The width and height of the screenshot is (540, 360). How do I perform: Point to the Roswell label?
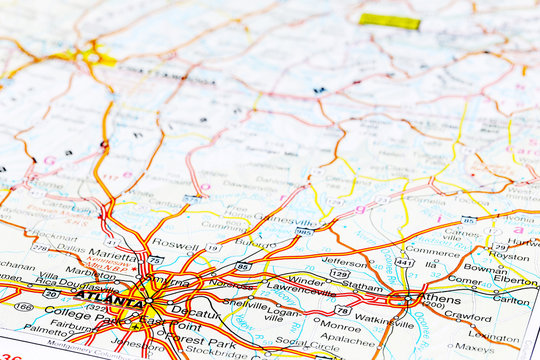(x=177, y=243)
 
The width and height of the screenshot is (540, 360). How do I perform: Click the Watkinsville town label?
(x=385, y=320)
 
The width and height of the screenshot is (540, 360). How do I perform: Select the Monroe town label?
(x=340, y=326)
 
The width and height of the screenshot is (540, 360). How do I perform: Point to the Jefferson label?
(x=346, y=261)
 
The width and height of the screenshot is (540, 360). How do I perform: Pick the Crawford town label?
(x=467, y=315)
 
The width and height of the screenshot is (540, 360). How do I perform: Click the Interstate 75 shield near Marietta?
(x=155, y=260)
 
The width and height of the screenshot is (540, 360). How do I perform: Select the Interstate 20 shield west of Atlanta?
(x=50, y=294)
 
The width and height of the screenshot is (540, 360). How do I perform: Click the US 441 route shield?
(x=403, y=262)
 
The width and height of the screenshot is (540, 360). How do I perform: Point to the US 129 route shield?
(x=340, y=274)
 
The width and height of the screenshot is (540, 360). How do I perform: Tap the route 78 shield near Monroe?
(x=343, y=310)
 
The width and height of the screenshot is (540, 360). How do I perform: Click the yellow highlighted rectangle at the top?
(x=390, y=21)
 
